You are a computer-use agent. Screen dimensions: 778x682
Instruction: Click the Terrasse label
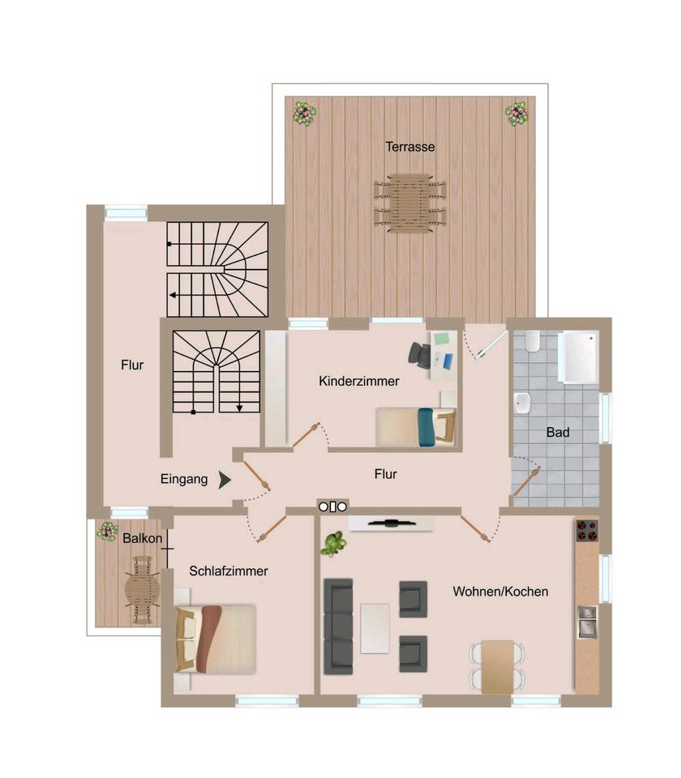point(410,147)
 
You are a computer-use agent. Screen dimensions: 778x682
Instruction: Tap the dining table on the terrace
point(410,203)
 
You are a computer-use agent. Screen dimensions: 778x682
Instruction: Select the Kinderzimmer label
point(358,381)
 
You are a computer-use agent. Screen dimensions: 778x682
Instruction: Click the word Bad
point(557,433)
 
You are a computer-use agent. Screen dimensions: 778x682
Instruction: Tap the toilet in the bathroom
point(532,342)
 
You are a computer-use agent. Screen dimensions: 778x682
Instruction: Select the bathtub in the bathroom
point(579,357)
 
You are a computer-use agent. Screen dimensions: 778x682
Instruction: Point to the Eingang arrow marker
point(225,480)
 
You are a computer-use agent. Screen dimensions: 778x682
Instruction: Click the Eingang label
point(183,479)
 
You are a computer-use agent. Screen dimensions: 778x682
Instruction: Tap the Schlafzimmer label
point(228,571)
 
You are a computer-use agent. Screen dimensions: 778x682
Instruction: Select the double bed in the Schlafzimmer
point(217,638)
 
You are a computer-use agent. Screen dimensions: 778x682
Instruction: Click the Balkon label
point(143,537)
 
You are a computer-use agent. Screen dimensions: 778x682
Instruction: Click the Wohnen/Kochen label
point(500,592)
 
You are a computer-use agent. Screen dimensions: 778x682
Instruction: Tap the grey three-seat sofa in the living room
point(338,626)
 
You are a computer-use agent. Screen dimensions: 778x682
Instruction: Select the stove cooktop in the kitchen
point(586,531)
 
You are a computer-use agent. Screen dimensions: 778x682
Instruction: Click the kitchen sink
point(586,621)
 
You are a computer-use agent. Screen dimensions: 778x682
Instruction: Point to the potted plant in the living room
point(332,543)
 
